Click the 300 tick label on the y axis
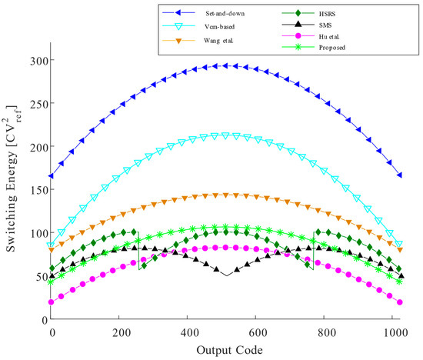point(36,61)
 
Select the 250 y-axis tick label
point(36,104)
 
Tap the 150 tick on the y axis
point(36,190)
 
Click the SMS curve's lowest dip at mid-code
point(225,275)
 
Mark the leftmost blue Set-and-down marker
point(52,176)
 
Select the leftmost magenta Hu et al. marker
point(52,302)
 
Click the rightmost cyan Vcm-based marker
point(399,244)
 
